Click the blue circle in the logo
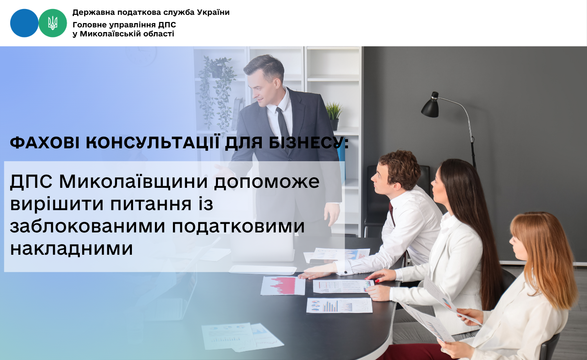(24, 23)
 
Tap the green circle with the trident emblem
(53, 23)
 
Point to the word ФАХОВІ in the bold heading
(45, 143)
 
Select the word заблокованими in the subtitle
(88, 226)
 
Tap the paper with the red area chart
(283, 286)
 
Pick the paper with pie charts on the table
(339, 306)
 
